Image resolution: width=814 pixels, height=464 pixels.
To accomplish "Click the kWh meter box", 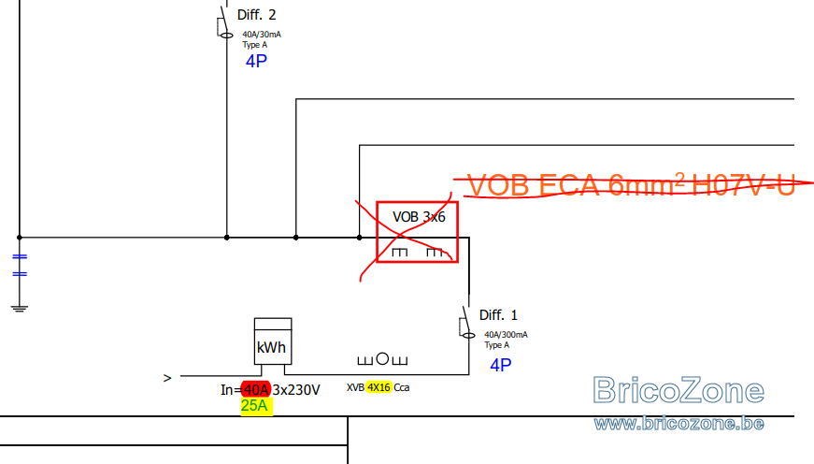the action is pyautogui.click(x=273, y=341).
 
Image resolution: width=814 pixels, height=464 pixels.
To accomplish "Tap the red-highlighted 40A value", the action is pyautogui.click(x=256, y=389).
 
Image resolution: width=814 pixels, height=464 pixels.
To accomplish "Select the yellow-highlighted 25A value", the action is pyautogui.click(x=254, y=406).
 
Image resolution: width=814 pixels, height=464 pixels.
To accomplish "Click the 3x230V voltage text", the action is pyautogui.click(x=296, y=390).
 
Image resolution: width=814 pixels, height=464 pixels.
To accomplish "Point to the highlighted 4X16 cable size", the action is pyautogui.click(x=378, y=387).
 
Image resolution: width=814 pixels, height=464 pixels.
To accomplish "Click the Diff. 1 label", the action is pyautogui.click(x=498, y=315).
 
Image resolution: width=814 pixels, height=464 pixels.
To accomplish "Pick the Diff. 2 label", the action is pyautogui.click(x=256, y=15).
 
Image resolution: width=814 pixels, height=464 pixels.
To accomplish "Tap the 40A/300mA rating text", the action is pyautogui.click(x=506, y=335).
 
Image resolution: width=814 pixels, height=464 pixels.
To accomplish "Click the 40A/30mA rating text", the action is pyautogui.click(x=262, y=35).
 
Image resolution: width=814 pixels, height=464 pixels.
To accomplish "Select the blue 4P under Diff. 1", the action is pyautogui.click(x=500, y=365).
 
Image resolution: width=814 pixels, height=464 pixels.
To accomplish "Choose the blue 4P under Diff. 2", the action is pyautogui.click(x=256, y=62).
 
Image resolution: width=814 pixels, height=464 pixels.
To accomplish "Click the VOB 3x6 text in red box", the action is pyautogui.click(x=419, y=217).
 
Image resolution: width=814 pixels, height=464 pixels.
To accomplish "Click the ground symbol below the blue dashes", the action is pyautogui.click(x=20, y=309).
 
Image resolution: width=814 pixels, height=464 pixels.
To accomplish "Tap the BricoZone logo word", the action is pyautogui.click(x=678, y=390).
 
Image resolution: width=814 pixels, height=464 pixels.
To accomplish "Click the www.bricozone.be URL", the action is pyautogui.click(x=679, y=424).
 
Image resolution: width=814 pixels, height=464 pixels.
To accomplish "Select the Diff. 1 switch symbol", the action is pyautogui.click(x=466, y=323).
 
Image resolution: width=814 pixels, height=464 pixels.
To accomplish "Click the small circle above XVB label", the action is pyautogui.click(x=382, y=358).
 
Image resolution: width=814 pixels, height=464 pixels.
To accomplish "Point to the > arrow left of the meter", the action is pyautogui.click(x=167, y=378).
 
